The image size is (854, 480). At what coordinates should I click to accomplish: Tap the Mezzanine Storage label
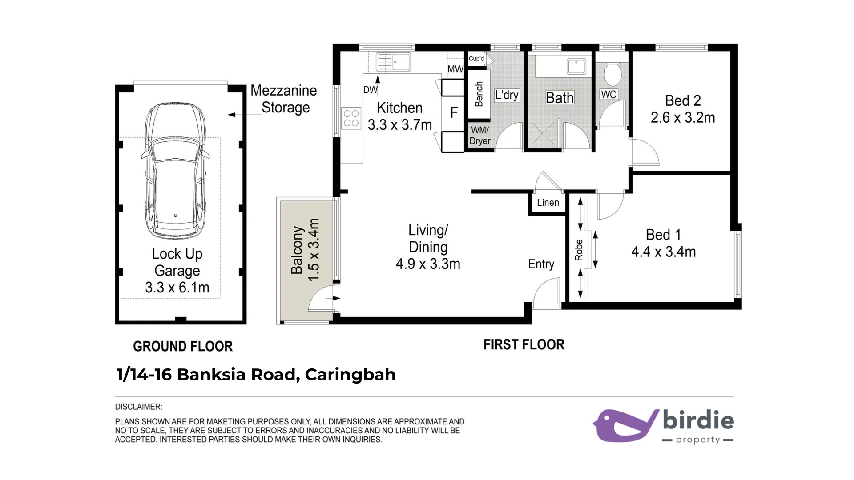point(284,99)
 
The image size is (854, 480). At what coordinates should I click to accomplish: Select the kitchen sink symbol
point(393,62)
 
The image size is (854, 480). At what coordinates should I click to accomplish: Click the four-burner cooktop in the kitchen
point(351,118)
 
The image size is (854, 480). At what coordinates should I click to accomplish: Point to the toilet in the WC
point(613,74)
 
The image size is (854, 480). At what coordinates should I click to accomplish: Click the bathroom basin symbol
point(576,66)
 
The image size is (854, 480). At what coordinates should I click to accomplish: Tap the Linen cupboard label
point(548,203)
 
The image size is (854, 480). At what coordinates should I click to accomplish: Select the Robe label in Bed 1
point(579,250)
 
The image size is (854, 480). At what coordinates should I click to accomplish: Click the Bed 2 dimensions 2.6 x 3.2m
point(683,118)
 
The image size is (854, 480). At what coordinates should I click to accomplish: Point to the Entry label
point(541,264)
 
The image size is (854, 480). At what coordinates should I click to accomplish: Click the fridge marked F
point(454,112)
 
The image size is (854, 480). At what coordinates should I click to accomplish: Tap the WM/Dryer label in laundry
point(480,136)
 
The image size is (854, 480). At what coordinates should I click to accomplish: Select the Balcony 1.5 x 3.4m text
point(305,250)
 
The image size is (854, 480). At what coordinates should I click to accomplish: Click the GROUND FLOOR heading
point(183,346)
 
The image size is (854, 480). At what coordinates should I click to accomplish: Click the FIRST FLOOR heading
point(524,344)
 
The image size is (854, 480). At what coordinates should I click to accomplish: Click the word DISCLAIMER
point(138,407)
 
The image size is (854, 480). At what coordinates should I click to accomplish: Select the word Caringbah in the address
point(350,374)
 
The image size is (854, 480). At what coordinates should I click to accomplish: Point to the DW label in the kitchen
point(370,90)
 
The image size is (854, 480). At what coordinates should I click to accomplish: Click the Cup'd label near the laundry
point(476,59)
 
